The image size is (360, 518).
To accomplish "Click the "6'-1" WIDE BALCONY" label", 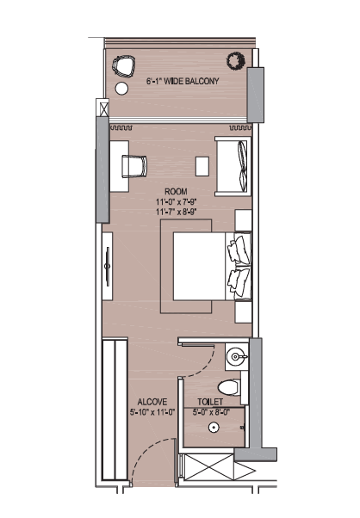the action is tap(183, 81).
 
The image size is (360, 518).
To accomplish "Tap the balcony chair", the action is tap(124, 66).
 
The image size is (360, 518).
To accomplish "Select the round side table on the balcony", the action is tap(121, 89).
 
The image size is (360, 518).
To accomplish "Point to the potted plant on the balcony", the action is tap(236, 60).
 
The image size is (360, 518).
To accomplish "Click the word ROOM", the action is tap(176, 192).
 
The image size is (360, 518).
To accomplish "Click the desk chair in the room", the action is tap(134, 166).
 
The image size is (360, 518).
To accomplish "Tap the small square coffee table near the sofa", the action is tap(202, 167).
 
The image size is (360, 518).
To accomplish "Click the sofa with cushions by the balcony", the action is tap(233, 166).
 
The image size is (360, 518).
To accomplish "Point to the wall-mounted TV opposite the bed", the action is tap(107, 266).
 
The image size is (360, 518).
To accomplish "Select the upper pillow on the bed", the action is tap(239, 249).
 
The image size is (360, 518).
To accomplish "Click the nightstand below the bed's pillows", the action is tap(244, 311).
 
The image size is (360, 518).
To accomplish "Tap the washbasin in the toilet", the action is tap(237, 356).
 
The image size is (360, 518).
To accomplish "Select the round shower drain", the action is tap(214, 428).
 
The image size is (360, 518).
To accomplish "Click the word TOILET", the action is tap(210, 402).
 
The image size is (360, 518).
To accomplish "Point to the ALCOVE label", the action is tap(152, 402).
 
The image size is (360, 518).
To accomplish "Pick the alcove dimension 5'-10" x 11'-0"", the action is tap(152, 412).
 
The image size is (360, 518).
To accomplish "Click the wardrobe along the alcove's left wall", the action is tap(115, 409).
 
